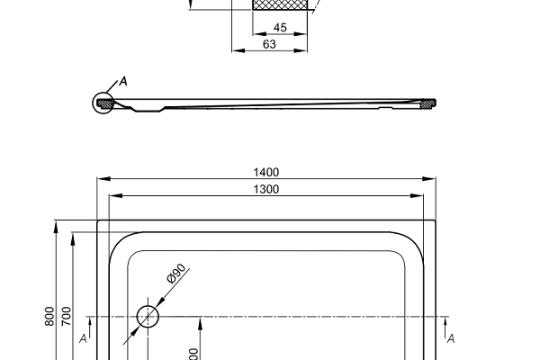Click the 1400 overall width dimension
(266, 172)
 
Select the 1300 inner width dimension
(266, 189)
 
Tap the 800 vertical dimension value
(49, 316)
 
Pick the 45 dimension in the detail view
(280, 28)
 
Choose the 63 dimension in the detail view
(268, 43)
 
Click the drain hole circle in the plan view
(148, 317)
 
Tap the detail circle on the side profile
(104, 103)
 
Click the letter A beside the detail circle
(123, 82)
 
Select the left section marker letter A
(83, 338)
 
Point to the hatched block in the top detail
(280, 5)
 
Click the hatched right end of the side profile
(427, 103)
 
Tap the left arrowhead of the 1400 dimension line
(101, 179)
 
